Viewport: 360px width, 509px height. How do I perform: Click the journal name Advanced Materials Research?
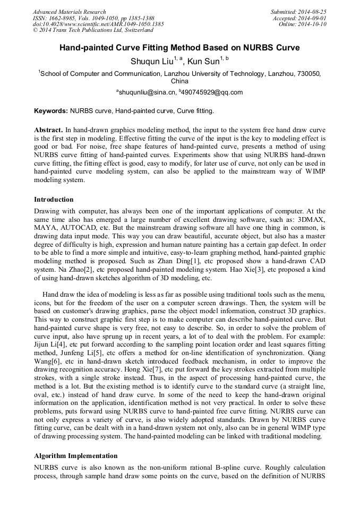[x=69, y=12]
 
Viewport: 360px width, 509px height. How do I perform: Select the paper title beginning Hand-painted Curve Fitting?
[x=179, y=48]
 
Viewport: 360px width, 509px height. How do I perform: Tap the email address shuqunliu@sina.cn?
[x=148, y=92]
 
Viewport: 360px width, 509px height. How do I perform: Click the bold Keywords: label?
[x=51, y=111]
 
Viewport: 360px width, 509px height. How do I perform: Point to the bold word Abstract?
[x=48, y=130]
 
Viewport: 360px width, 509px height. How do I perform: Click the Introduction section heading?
[x=54, y=200]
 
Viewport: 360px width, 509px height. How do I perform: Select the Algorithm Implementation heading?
[x=75, y=456]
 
